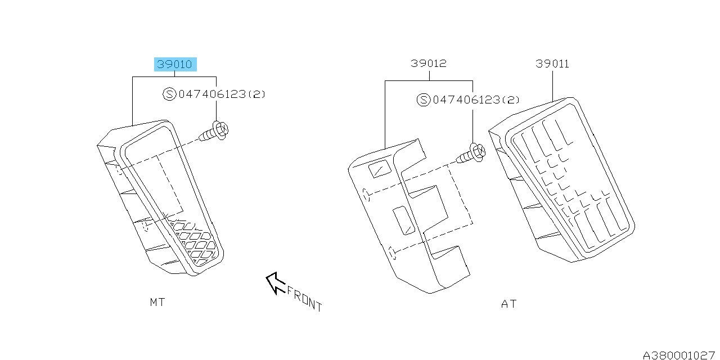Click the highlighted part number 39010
[175, 64]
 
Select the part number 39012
[429, 64]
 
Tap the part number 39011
[552, 64]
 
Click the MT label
[157, 302]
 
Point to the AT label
[509, 304]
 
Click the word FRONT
[304, 299]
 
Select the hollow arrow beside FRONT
[276, 283]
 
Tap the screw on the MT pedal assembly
[214, 132]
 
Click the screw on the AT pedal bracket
[471, 154]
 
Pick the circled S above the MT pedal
[169, 94]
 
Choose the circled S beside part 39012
[424, 100]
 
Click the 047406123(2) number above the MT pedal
[222, 94]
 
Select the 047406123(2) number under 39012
[476, 100]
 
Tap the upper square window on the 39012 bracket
[380, 168]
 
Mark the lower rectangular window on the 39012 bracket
[404, 220]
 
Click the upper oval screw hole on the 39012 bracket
[366, 195]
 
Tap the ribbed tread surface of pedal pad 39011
[569, 180]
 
